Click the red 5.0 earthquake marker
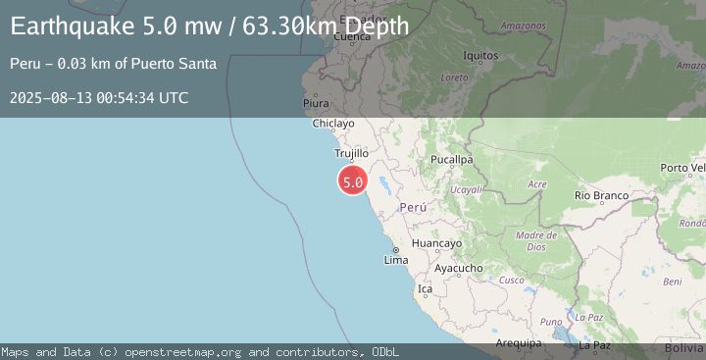(x=353, y=181)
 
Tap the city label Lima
(x=396, y=260)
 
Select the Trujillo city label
(x=351, y=154)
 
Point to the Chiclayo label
(x=332, y=125)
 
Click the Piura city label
(x=316, y=102)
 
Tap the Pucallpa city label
(x=452, y=159)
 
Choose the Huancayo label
(x=436, y=243)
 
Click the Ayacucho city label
(x=459, y=268)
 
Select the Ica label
(x=425, y=289)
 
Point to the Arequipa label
(x=519, y=343)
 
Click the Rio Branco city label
(x=601, y=196)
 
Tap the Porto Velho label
(x=682, y=168)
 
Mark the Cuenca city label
(x=351, y=37)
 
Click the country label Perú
(x=413, y=208)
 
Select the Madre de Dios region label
(x=536, y=240)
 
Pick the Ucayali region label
(x=464, y=189)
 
